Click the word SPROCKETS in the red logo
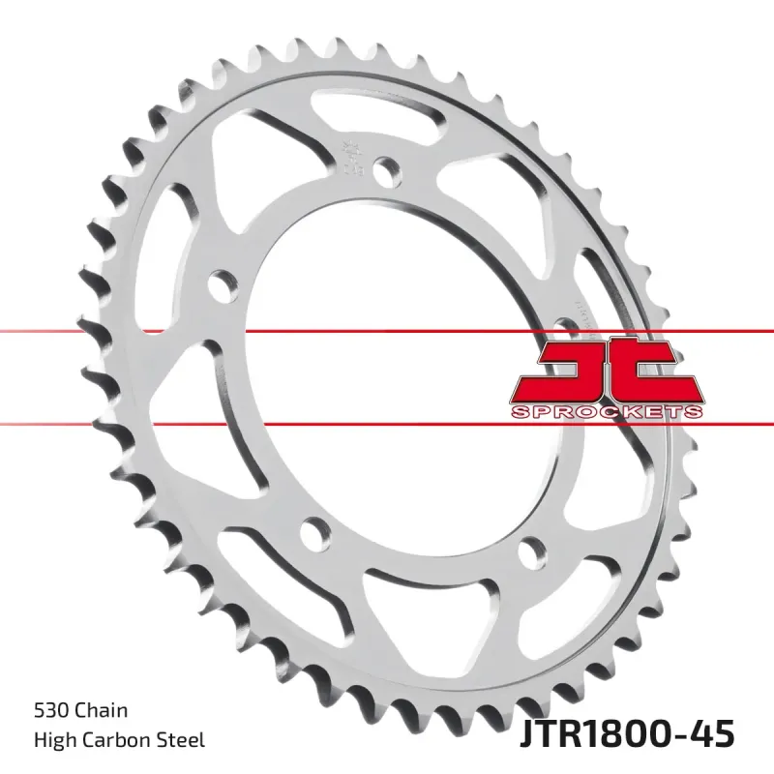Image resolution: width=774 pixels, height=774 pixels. [x=605, y=413]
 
